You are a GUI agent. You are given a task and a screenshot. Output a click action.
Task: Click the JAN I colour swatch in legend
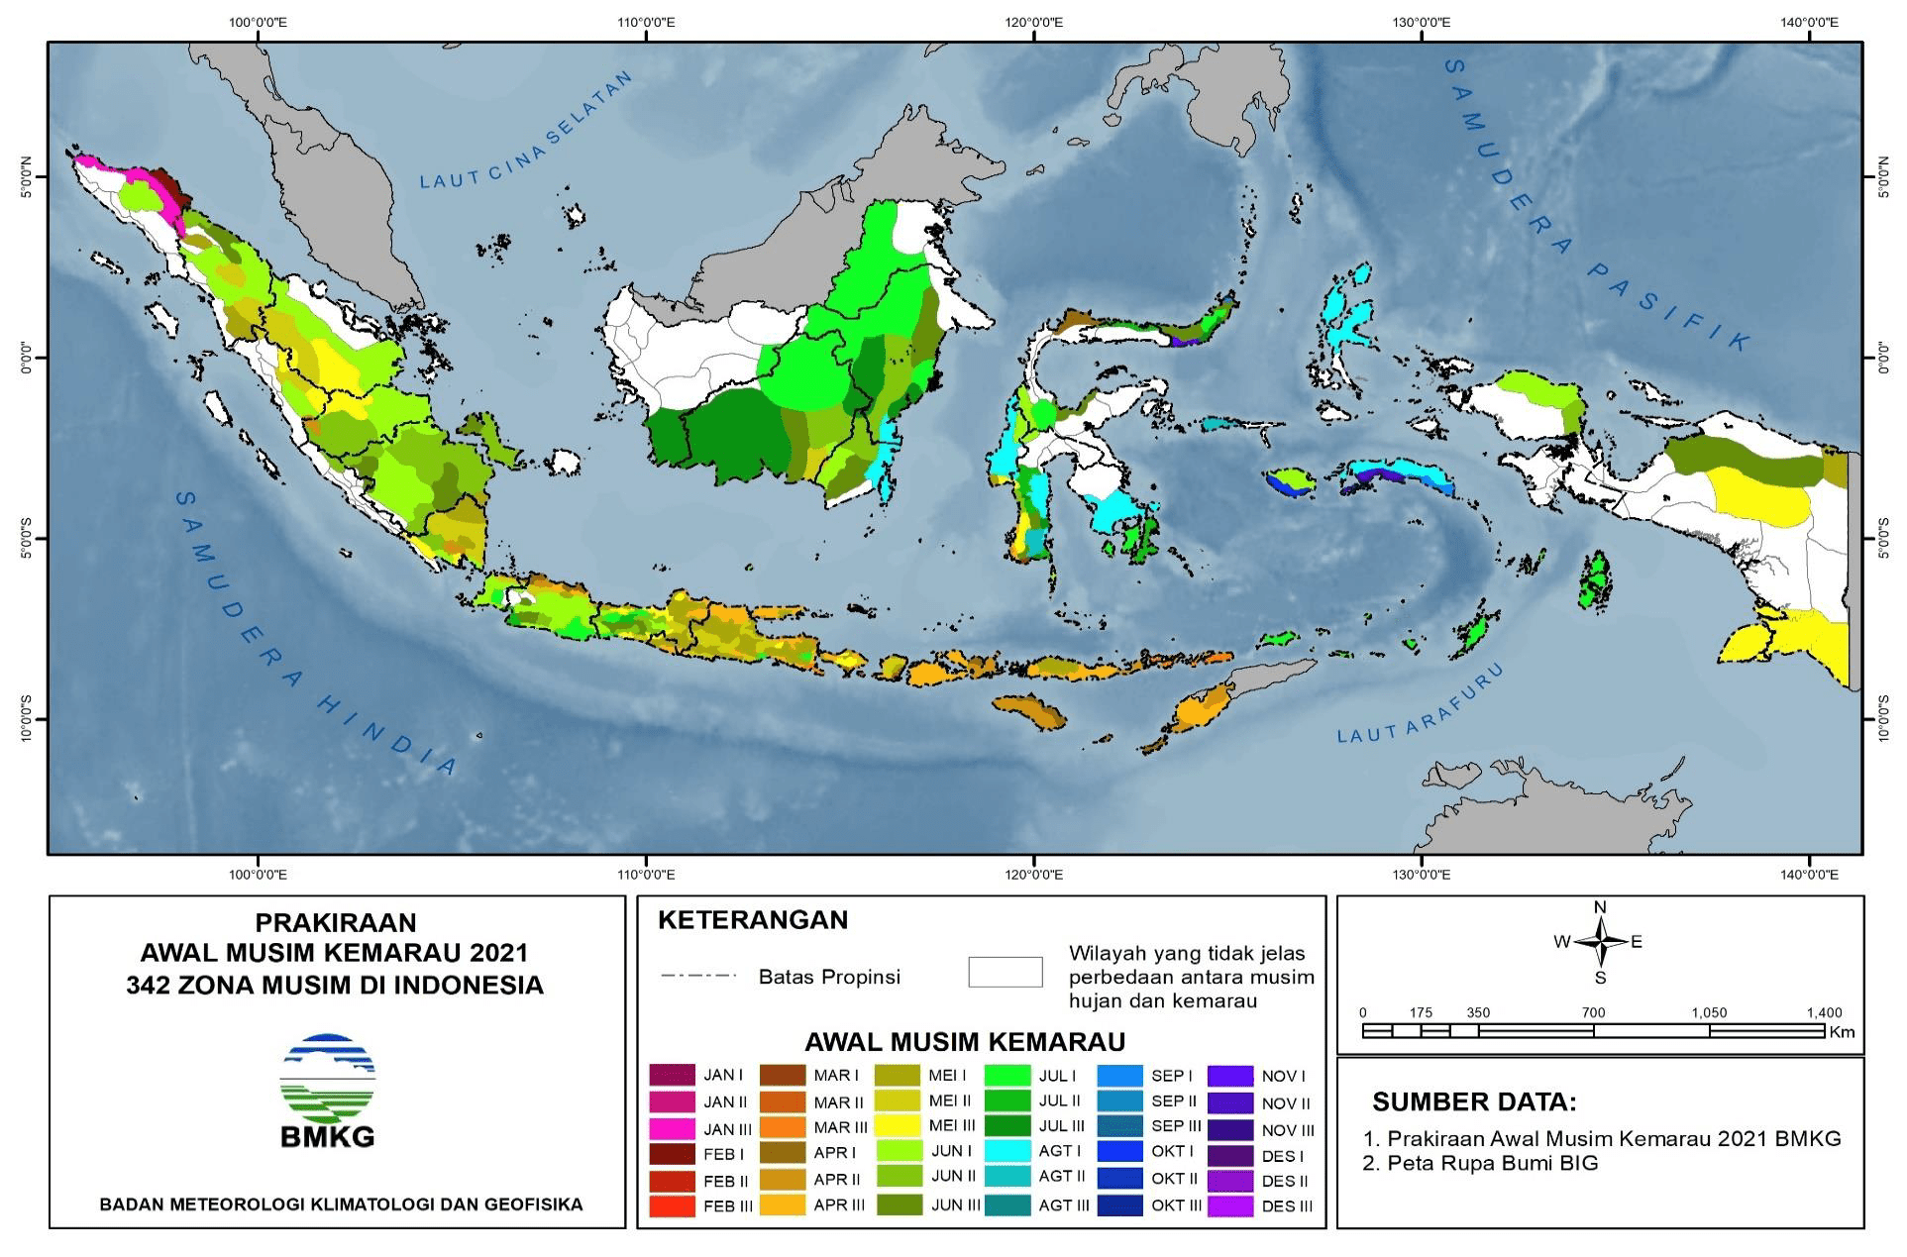[673, 1075]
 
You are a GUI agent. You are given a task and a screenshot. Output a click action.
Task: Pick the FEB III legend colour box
[673, 1205]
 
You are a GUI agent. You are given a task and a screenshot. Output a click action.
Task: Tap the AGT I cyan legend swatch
[1009, 1152]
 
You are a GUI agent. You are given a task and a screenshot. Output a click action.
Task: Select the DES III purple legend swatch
[1231, 1205]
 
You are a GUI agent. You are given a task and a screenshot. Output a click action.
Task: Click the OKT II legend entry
[1174, 1179]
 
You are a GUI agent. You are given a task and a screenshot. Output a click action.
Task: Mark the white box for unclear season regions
[1005, 972]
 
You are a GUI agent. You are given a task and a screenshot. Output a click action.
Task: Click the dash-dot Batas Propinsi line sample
[699, 976]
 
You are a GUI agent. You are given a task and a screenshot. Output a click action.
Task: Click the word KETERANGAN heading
[753, 919]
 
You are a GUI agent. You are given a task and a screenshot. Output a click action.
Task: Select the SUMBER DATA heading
[1473, 1101]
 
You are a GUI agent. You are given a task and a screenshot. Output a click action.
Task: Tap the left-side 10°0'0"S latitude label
[26, 718]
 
